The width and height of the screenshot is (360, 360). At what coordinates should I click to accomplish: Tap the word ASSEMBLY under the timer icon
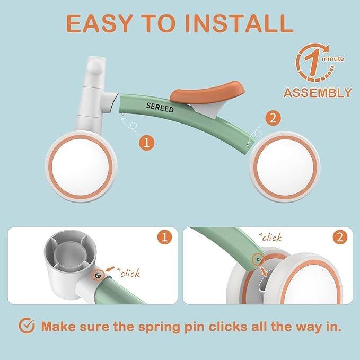point(318,93)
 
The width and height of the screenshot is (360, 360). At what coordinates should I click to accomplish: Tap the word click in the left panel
point(130,274)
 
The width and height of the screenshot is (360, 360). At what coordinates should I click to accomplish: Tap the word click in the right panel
point(271,238)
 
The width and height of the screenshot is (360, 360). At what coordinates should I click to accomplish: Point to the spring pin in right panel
point(258,259)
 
